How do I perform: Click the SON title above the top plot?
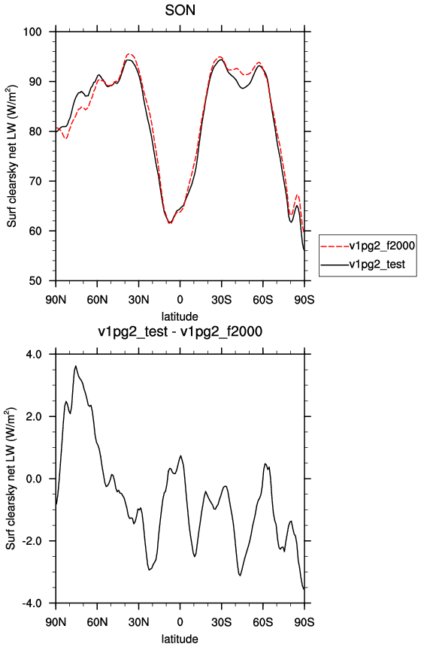click(180, 11)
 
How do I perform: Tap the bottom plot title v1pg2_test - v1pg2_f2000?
click(180, 331)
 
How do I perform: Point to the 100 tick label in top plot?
click(33, 32)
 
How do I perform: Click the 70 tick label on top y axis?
click(36, 181)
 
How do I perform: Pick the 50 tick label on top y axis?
click(36, 281)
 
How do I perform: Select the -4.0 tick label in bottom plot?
click(32, 603)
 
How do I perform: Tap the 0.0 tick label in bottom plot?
click(35, 479)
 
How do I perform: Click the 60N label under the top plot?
click(98, 300)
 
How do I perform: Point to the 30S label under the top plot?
click(222, 300)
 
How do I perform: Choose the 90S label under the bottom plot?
click(304, 622)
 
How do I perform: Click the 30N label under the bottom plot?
click(138, 622)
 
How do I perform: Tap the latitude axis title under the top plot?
click(180, 316)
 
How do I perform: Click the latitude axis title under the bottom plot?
click(180, 639)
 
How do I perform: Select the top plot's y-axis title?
click(11, 156)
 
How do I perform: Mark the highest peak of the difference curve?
click(75, 366)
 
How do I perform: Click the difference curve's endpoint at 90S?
click(304, 589)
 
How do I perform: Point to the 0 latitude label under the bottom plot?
click(180, 622)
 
